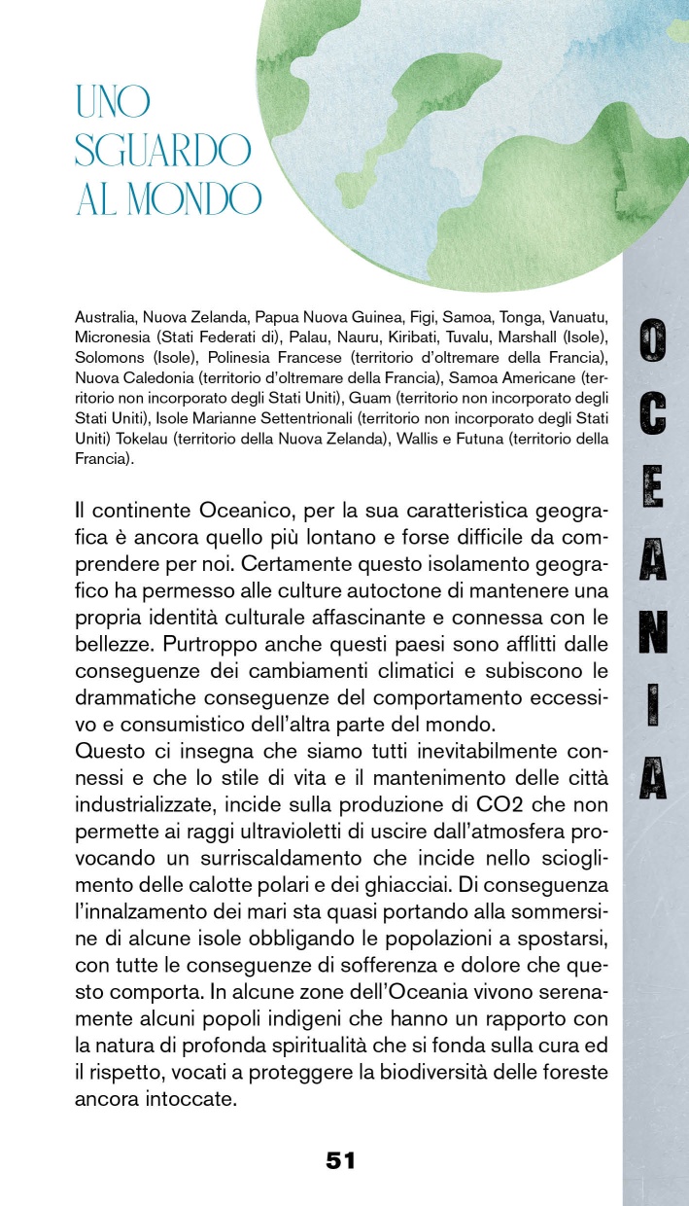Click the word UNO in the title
[114, 101]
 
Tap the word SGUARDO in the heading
[162, 150]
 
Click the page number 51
[340, 1159]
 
